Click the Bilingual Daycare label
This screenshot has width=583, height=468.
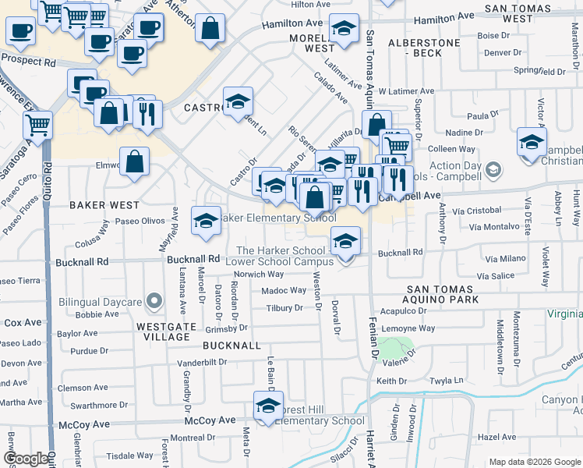(x=100, y=301)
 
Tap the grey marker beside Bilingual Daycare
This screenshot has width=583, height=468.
(x=154, y=300)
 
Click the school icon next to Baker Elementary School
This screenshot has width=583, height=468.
(x=206, y=220)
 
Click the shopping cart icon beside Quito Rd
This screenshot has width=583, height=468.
(x=38, y=123)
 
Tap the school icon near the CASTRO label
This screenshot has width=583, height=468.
(x=238, y=101)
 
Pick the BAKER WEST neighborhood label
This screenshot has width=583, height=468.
(x=104, y=205)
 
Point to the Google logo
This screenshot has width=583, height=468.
(x=26, y=459)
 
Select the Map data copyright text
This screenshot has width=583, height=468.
(x=534, y=462)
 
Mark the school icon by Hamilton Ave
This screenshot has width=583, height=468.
(x=343, y=30)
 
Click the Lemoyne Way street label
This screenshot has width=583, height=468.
(x=408, y=328)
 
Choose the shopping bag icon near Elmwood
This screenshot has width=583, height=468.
(x=136, y=161)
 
